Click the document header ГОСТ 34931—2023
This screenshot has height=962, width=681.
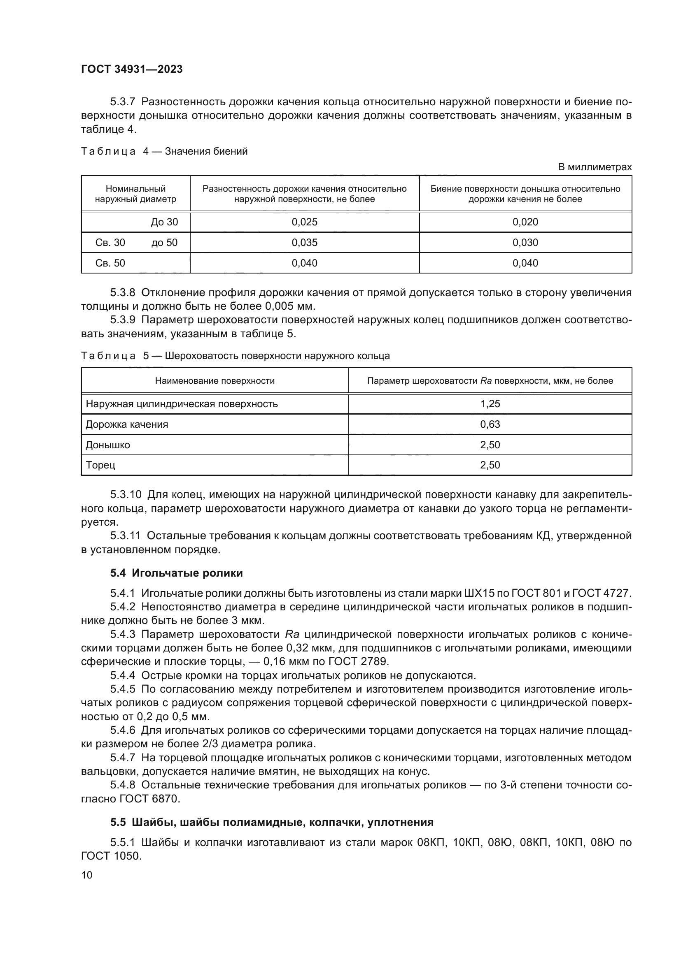point(132,69)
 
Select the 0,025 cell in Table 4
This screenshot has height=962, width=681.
point(304,222)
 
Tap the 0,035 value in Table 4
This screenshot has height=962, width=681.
point(304,243)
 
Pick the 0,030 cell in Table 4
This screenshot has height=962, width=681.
point(525,243)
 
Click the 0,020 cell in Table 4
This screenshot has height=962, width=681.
point(525,222)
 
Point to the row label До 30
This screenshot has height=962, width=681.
point(164,222)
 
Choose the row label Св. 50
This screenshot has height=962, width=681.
point(110,263)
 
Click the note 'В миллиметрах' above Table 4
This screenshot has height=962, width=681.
point(594,167)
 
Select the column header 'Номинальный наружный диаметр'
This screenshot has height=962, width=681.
point(135,194)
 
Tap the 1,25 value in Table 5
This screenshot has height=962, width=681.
point(490,404)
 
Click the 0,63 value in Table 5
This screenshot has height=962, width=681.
point(490,424)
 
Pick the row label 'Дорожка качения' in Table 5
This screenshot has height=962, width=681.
point(127,424)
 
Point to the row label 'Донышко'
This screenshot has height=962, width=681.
point(108,445)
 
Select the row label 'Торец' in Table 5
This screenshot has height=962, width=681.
point(100,465)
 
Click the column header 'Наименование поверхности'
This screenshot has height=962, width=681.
point(215,381)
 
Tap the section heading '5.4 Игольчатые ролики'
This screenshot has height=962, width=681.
point(177,573)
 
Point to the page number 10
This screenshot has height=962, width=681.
point(87,875)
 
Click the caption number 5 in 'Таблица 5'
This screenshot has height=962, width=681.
point(146,356)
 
